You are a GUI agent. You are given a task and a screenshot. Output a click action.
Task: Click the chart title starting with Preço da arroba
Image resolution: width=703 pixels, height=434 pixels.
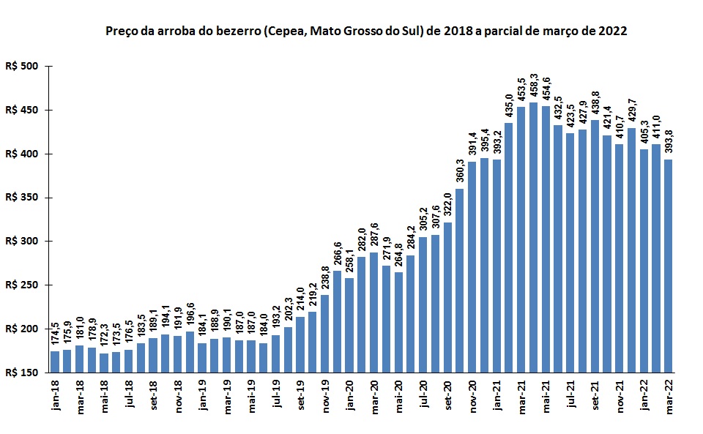click(x=366, y=32)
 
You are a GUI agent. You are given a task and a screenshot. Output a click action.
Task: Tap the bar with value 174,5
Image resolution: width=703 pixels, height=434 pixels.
click(x=55, y=362)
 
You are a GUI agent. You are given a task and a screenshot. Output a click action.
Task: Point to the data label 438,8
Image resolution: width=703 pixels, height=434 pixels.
click(x=595, y=105)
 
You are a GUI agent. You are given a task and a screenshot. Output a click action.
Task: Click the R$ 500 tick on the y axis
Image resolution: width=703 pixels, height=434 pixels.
click(x=26, y=67)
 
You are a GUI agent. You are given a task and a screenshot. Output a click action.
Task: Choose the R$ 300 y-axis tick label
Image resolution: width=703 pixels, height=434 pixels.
click(x=26, y=242)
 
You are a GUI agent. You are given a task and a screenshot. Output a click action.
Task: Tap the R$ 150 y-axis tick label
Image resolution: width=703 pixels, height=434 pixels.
click(x=26, y=373)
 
